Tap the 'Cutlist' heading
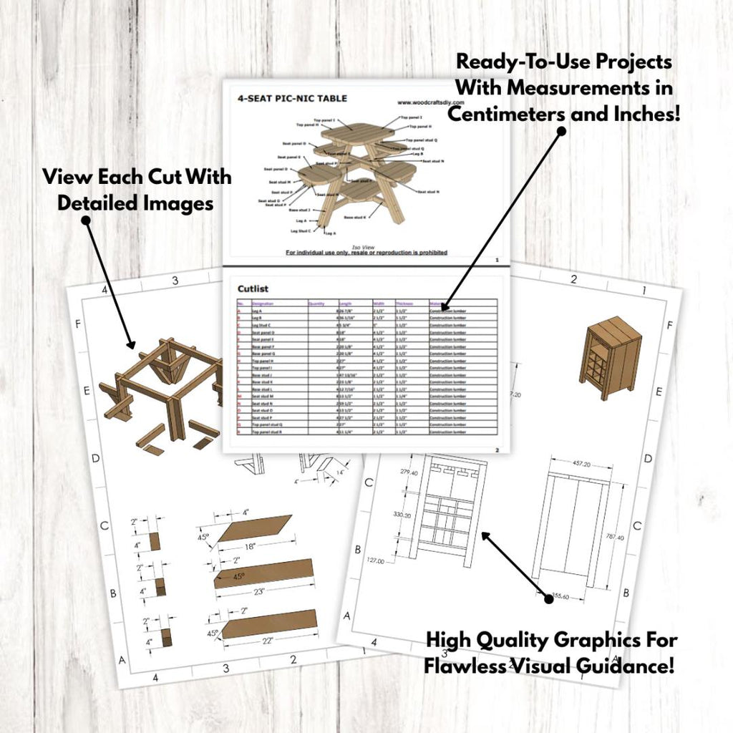coord(253,288)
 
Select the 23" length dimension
coord(259,591)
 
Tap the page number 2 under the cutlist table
coord(497,450)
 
